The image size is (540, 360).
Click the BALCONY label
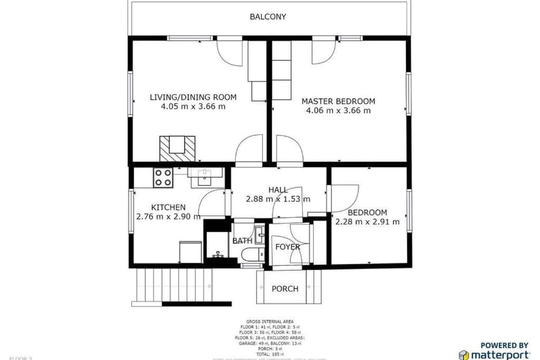pos(268,17)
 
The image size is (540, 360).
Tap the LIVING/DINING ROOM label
pos(193,97)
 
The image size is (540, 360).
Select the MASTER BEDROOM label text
pos(338,101)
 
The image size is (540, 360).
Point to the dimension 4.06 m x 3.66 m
pos(338,111)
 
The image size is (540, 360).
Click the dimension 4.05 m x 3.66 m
pos(193,106)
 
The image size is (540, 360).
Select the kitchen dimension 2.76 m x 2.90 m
pos(168,217)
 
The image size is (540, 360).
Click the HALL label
pos(278,190)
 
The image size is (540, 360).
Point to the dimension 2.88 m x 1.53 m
pos(278,199)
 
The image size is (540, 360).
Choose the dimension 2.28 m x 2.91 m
pos(367,222)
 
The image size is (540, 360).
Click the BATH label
pos(242,241)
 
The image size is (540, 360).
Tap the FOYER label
pos(287,247)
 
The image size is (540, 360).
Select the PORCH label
pos(285,289)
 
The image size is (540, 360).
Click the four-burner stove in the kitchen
pos(163,178)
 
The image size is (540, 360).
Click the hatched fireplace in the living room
pos(178,148)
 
